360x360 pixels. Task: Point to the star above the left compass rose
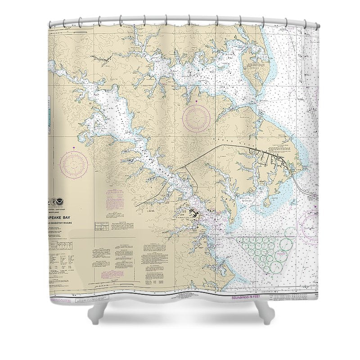pyautogui.click(x=74, y=149)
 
